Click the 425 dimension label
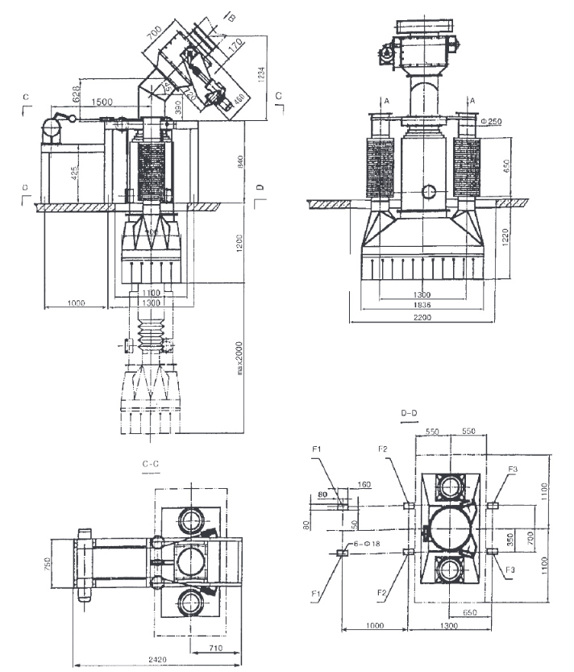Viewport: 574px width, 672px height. click(75, 174)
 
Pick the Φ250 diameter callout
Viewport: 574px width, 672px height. click(491, 121)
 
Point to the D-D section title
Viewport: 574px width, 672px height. click(410, 415)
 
